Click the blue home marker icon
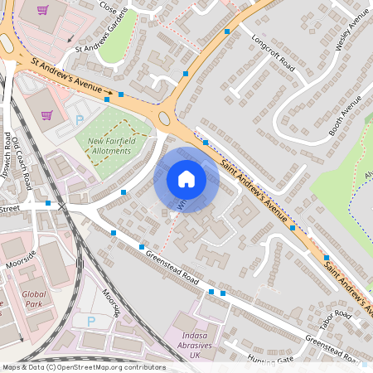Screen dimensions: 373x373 point(186,179)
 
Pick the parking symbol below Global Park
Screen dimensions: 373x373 point(90,321)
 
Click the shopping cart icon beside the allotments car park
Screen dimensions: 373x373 point(46,115)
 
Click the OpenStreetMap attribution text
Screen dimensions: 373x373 point(83,367)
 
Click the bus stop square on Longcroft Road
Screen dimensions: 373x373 point(227,31)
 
